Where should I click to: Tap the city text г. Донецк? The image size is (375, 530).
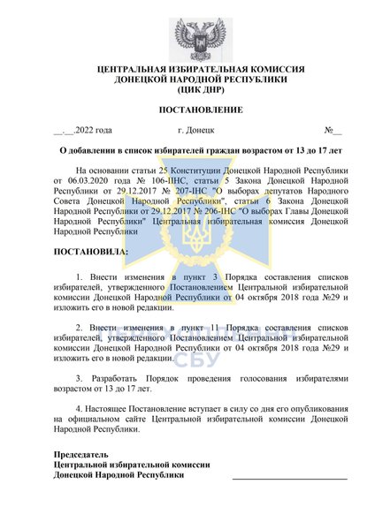click(x=196, y=131)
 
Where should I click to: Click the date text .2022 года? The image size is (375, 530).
click(x=88, y=131)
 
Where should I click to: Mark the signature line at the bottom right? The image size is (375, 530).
click(x=289, y=478)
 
